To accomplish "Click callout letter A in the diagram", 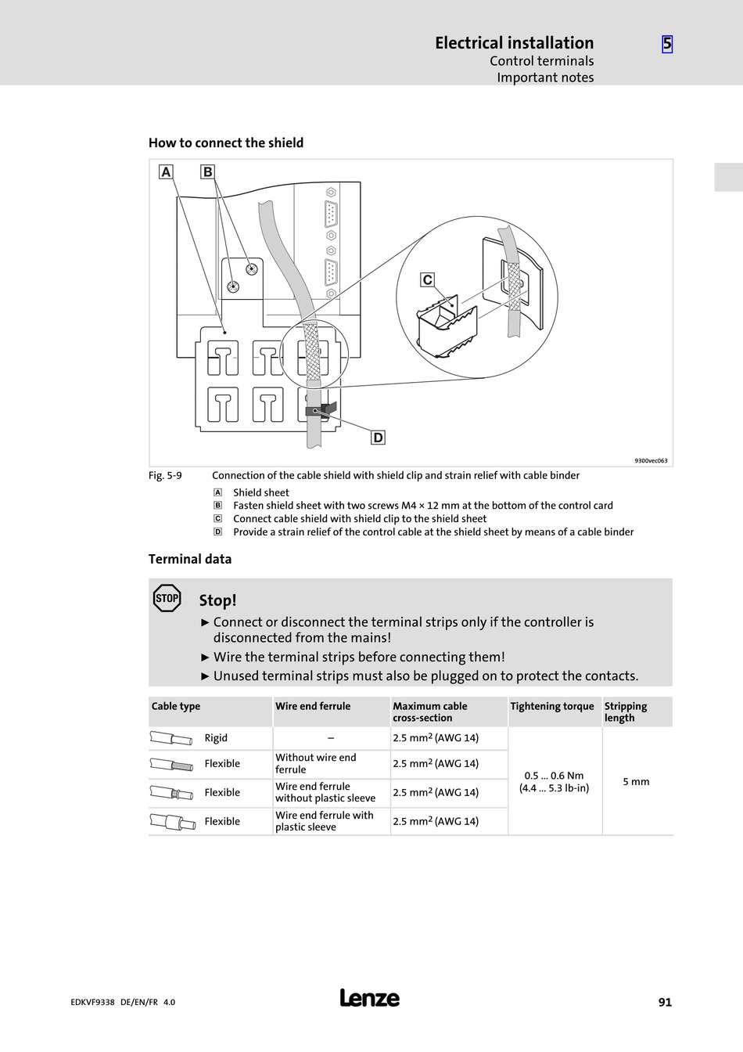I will pyautogui.click(x=166, y=172).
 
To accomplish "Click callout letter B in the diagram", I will pyautogui.click(x=207, y=172).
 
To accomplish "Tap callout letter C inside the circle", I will pyautogui.click(x=427, y=280).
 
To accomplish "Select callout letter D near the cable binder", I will pyautogui.click(x=378, y=438).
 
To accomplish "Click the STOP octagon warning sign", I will pyautogui.click(x=167, y=599).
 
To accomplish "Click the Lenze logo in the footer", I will pyautogui.click(x=370, y=998).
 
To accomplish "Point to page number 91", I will pyautogui.click(x=665, y=1002).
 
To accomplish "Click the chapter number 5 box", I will pyautogui.click(x=667, y=44).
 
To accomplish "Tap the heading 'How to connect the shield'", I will pyautogui.click(x=226, y=143).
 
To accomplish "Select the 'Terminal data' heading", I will pyautogui.click(x=190, y=559).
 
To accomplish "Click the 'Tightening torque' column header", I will pyautogui.click(x=552, y=706).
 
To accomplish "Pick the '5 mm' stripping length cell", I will pyautogui.click(x=636, y=781).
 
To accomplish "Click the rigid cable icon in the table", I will pyautogui.click(x=170, y=738).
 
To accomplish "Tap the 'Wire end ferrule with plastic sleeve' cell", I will pyautogui.click(x=325, y=821).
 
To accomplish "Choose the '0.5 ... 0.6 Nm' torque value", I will pyautogui.click(x=554, y=776).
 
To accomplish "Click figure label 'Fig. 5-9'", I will pyautogui.click(x=165, y=475).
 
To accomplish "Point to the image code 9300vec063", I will pyautogui.click(x=651, y=461).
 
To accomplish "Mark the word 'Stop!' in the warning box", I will pyautogui.click(x=217, y=600).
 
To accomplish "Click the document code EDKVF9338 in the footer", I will pyautogui.click(x=87, y=1002).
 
